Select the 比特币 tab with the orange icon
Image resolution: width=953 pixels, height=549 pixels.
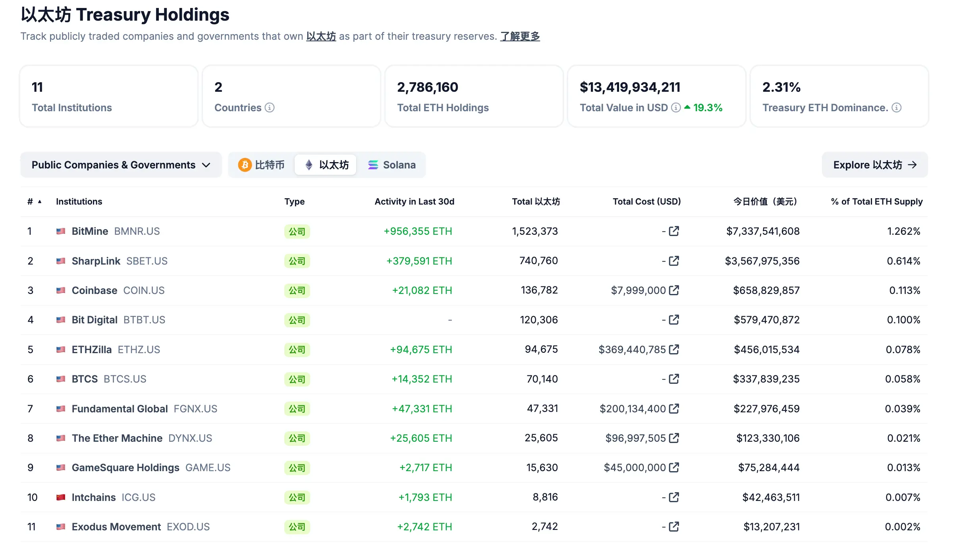pos(261,165)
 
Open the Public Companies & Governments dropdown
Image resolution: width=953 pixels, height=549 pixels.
pos(121,165)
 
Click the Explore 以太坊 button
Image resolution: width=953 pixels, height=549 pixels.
pos(874,165)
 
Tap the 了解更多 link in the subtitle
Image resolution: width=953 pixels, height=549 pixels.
pos(520,37)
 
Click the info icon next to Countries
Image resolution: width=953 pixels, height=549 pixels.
pos(270,108)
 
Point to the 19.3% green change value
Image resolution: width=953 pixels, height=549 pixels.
pos(708,108)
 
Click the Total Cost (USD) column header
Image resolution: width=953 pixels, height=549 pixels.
pos(646,201)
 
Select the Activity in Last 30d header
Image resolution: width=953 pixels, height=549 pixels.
pos(414,201)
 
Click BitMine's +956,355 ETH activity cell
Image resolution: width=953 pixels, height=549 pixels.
pos(418,231)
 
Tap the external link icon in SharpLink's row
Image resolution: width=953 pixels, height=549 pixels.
pos(674,261)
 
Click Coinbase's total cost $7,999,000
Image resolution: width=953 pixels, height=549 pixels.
pos(638,290)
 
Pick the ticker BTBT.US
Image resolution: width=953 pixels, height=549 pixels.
pos(144,320)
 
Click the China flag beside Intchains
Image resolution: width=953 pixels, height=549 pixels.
pos(61,497)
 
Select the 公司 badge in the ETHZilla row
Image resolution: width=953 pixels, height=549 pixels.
pos(297,350)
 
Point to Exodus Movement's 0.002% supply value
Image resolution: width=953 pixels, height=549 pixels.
pos(902,527)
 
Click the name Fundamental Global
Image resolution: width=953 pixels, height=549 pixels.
pos(120,409)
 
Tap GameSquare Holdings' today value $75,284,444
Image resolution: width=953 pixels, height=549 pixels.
pos(769,468)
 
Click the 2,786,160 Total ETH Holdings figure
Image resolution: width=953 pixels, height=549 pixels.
pos(427,87)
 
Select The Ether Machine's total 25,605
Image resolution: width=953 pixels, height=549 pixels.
pos(541,438)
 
